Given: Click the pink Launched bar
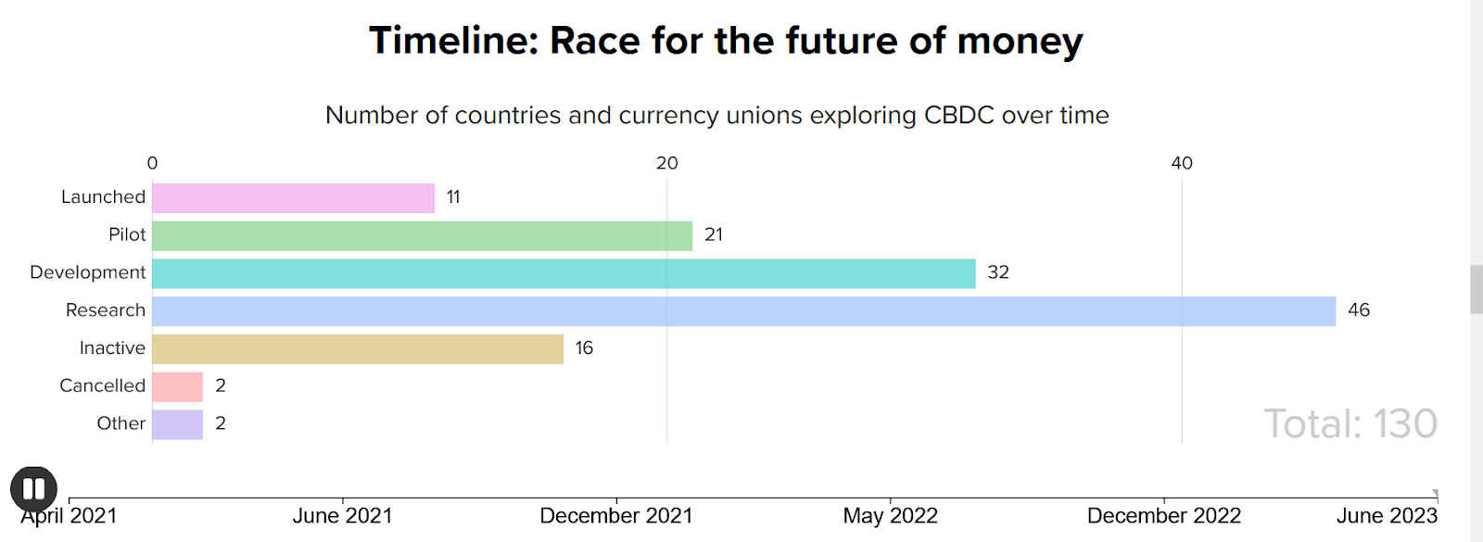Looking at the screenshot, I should coord(293,198).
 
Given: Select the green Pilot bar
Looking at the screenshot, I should coord(422,236).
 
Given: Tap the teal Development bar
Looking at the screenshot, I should coord(564,273).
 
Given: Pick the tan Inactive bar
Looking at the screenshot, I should coord(358,349).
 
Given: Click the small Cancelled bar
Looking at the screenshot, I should coord(177,386).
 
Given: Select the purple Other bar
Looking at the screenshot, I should coord(177,424).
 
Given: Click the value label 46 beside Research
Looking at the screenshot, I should coord(1359,310).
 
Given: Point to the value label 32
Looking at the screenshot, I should coord(998,272).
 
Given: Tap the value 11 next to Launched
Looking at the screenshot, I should coord(453,197).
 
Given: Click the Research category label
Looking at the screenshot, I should coord(105,310).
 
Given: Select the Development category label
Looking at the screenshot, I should coord(87,272).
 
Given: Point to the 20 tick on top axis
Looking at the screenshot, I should coord(666,164).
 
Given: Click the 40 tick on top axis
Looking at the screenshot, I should coord(1182,164).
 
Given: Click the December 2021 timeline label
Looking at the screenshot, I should coord(616,516).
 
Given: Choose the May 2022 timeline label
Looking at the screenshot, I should coord(890,516).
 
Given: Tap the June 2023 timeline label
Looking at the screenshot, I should coord(1387,516).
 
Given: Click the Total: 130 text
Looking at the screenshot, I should coord(1350,424).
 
